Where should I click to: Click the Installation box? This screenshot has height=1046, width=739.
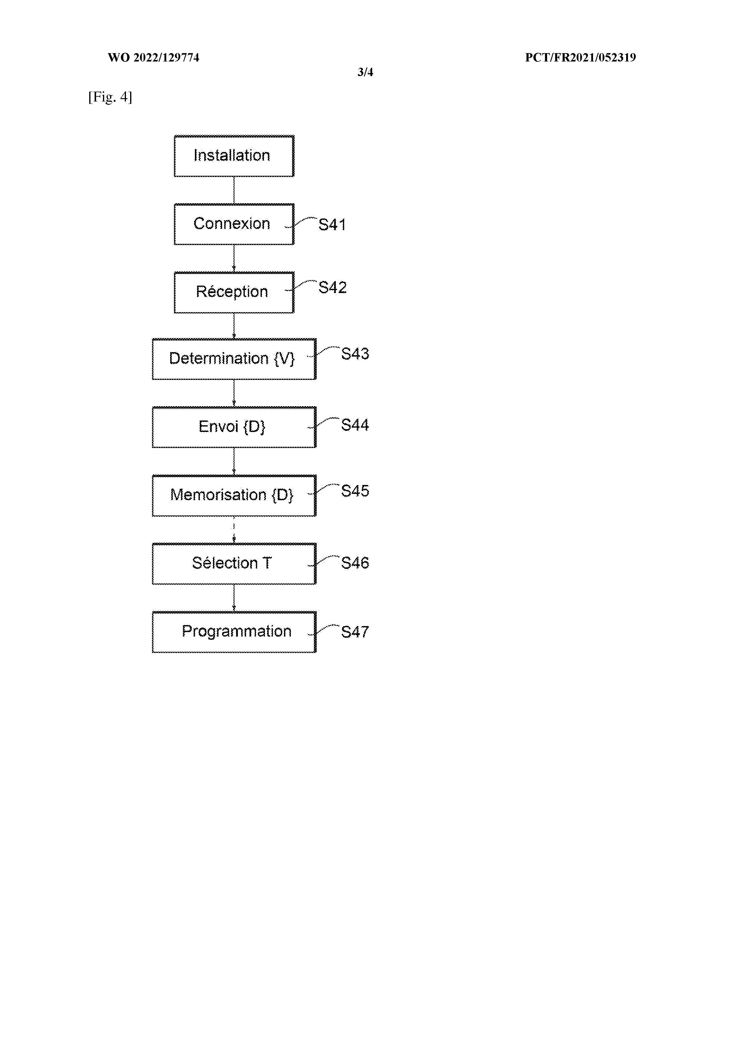coord(234,156)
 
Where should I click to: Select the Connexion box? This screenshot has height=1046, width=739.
coord(234,224)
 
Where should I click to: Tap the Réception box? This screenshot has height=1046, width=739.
coord(234,292)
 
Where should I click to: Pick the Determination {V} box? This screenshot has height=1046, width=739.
coord(234,359)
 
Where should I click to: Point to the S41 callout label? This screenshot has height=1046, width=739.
coord(332,225)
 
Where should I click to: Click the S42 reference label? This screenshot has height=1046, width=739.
coord(332,287)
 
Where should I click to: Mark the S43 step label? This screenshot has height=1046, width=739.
coord(355,354)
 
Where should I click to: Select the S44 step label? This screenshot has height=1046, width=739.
coord(355,425)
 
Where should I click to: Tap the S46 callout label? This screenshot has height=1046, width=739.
coord(355,563)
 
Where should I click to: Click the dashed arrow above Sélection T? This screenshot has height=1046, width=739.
coord(234,530)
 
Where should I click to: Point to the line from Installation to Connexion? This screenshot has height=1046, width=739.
coord(234,190)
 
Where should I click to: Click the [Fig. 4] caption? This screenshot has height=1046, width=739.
coord(110,97)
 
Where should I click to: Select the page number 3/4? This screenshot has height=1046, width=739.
coord(365,72)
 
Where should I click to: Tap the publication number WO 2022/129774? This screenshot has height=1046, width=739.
coord(153,57)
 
